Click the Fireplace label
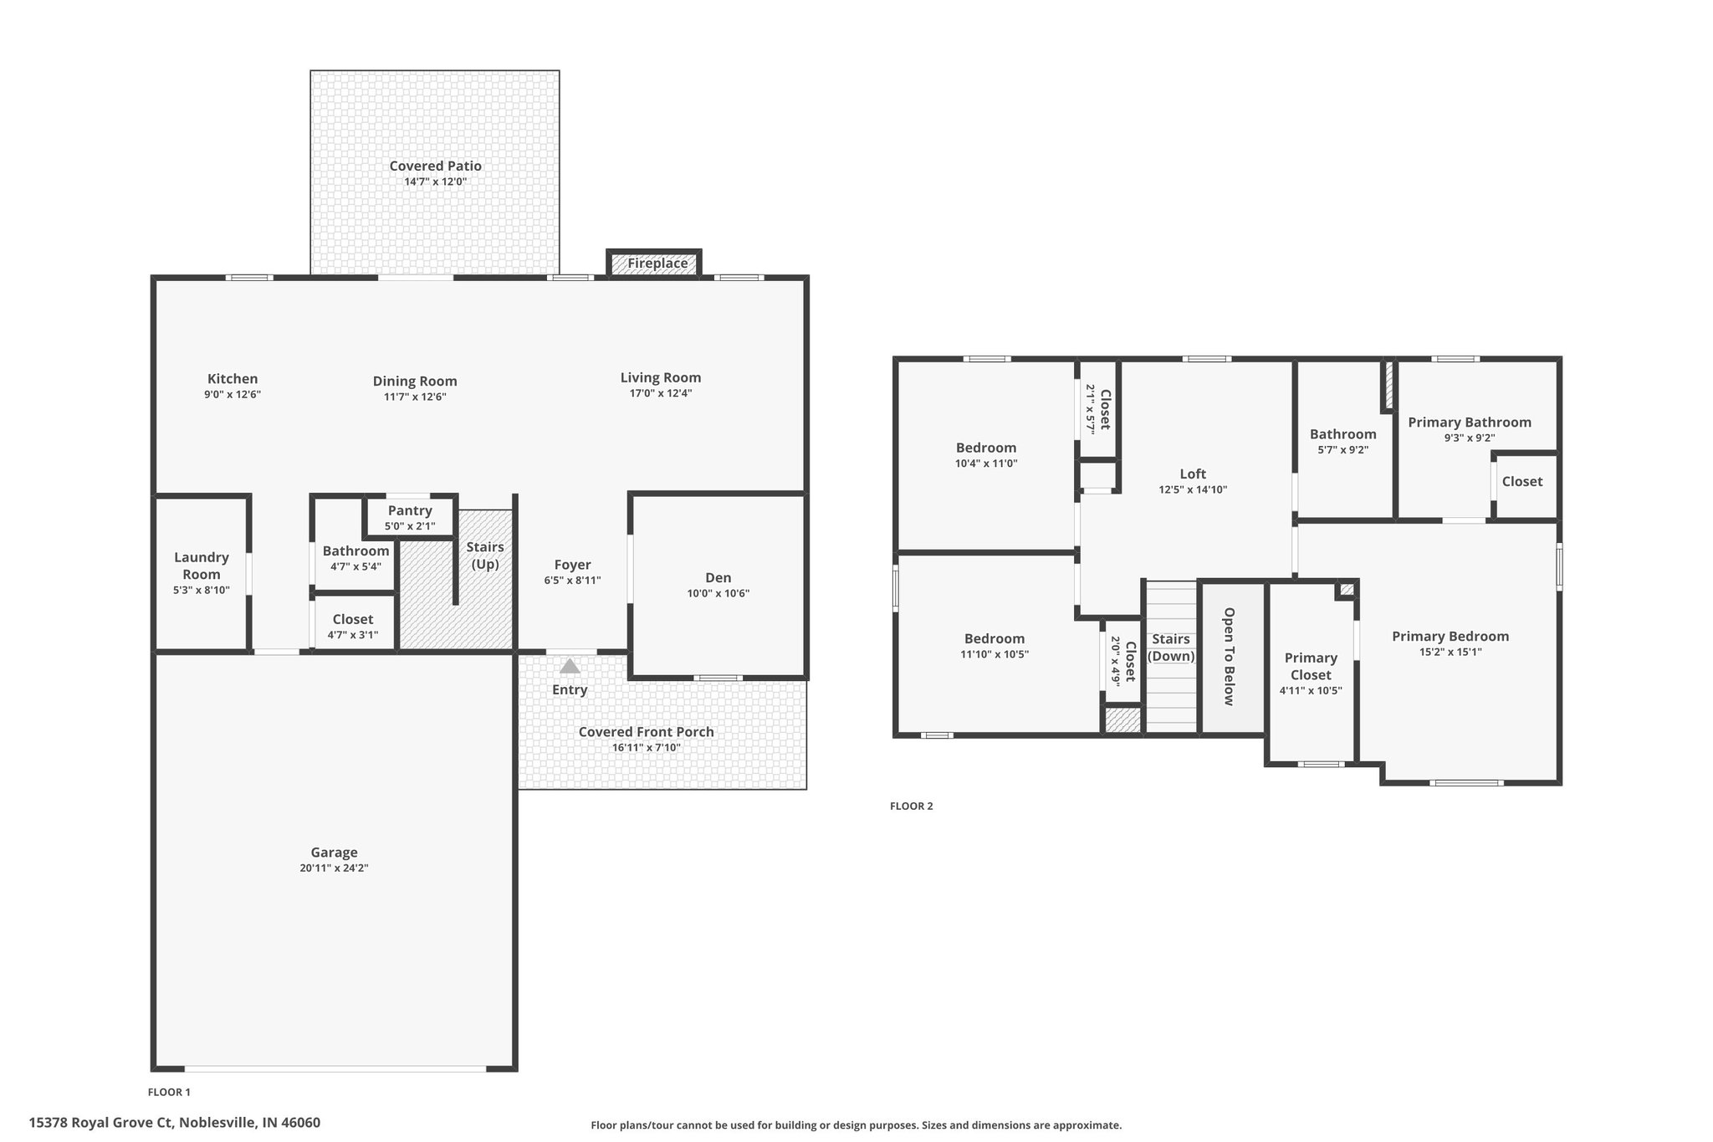[657, 264]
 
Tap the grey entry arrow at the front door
[570, 666]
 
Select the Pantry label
[410, 510]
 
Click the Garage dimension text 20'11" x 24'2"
[334, 868]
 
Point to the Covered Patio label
[435, 166]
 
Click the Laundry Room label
[202, 566]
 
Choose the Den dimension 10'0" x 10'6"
[718, 594]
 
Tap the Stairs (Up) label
[485, 556]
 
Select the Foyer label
[572, 565]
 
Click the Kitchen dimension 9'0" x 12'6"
[233, 394]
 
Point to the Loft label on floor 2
[1193, 474]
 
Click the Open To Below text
[1229, 657]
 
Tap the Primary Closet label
[1311, 666]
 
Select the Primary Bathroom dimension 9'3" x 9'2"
[1469, 438]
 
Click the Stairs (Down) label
[1171, 648]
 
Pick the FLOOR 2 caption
[911, 807]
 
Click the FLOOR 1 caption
[169, 1092]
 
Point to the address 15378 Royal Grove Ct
[100, 1123]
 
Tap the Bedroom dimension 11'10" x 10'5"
[995, 654]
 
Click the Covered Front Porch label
[647, 732]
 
